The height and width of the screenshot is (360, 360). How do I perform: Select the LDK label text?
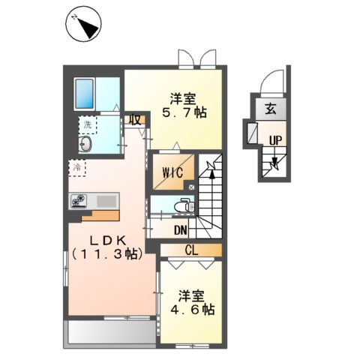point(105,239)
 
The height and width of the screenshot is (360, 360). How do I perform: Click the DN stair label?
point(181,231)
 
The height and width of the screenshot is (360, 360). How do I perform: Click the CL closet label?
point(192,249)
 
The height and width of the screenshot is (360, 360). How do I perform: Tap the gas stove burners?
point(80,200)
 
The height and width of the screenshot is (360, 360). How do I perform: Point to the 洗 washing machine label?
point(88,124)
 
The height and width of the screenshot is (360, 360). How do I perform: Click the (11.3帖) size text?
point(105,254)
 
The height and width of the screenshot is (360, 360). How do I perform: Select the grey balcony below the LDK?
point(112,332)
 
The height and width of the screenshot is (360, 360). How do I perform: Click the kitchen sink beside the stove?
point(105,200)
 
